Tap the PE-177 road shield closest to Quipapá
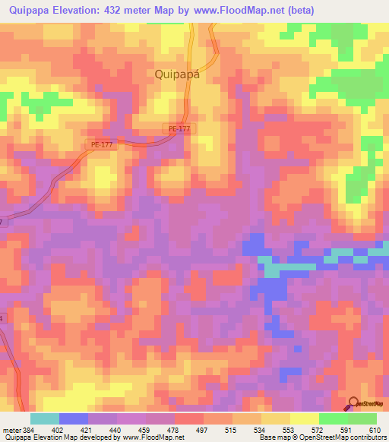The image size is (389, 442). tap(180, 129)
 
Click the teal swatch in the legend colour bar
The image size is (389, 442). tap(44, 419)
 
